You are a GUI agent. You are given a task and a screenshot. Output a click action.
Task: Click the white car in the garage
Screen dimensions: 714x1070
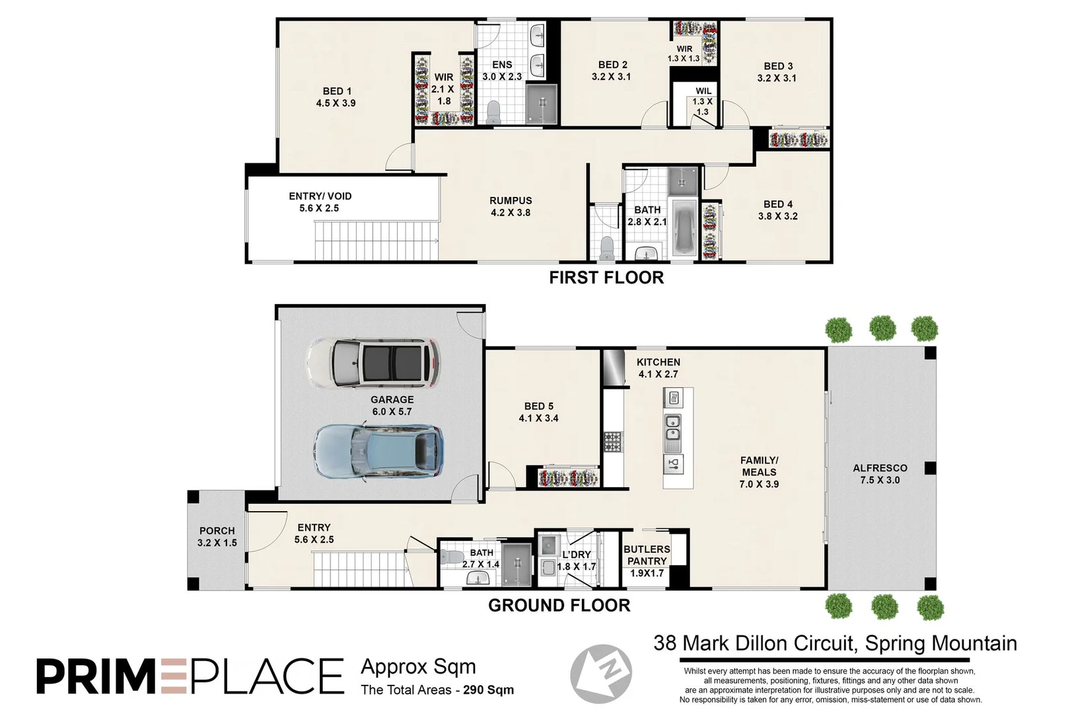click(x=373, y=362)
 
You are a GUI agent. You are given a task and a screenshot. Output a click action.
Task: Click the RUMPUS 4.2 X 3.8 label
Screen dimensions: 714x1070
click(x=511, y=206)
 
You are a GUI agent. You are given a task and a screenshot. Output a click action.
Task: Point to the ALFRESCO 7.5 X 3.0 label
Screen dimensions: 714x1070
click(x=880, y=474)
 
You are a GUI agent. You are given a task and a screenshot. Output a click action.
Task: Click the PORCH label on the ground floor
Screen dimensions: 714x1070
click(x=217, y=536)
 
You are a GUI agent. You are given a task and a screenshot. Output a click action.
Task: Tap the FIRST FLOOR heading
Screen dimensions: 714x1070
click(x=606, y=278)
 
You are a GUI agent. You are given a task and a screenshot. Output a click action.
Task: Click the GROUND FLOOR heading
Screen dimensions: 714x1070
click(x=559, y=605)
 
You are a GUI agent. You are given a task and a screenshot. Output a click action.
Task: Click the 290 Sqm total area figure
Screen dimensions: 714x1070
click(x=488, y=690)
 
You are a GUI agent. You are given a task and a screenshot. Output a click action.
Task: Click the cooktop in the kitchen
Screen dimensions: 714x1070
click(x=613, y=441)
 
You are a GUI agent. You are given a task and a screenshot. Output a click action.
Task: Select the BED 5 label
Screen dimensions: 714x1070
click(x=538, y=412)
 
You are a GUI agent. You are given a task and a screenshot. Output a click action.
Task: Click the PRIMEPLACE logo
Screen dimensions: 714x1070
click(x=190, y=675)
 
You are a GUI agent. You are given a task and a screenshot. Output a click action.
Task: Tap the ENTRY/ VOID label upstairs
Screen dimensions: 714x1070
click(x=320, y=202)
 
